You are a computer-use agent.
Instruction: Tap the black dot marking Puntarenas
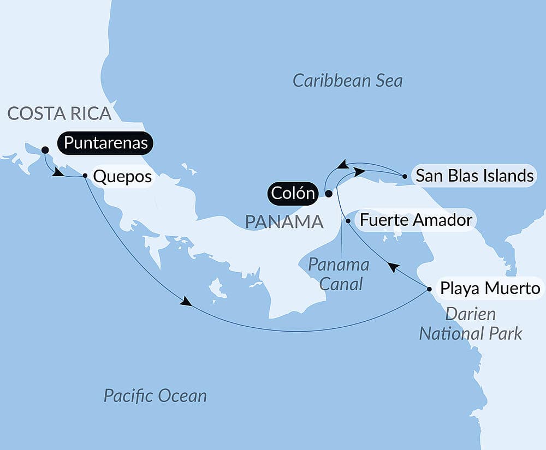(45, 149)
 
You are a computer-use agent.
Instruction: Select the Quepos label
(122, 177)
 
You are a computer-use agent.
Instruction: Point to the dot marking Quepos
(85, 176)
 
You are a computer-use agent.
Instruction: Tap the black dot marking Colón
(328, 193)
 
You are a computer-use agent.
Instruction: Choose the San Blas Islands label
(474, 176)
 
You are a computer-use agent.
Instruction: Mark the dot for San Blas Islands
(404, 176)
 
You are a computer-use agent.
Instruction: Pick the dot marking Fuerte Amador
(348, 221)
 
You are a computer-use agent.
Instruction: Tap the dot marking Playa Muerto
(429, 289)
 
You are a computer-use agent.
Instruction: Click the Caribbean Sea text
(347, 81)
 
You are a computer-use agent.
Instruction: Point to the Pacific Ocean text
(155, 395)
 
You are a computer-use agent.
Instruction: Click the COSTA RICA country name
(60, 113)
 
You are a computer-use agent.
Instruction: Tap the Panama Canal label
(339, 274)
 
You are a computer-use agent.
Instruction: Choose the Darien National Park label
(470, 323)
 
